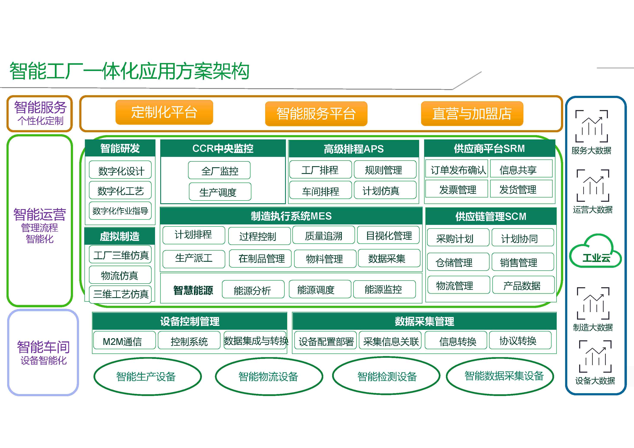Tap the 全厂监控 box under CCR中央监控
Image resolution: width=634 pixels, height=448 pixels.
[x=219, y=170]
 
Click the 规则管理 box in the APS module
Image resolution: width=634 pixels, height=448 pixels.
[x=385, y=169]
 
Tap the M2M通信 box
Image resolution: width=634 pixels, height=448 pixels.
[x=125, y=340]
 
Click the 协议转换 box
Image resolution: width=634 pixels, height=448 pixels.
[x=520, y=340]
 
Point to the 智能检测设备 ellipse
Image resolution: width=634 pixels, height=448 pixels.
[x=386, y=376]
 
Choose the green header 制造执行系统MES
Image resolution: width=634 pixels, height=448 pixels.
[x=291, y=216]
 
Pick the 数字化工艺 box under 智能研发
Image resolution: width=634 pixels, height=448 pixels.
[x=120, y=190]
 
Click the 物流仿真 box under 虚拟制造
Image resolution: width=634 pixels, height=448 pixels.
[x=120, y=275]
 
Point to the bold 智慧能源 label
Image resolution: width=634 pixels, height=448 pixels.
[x=193, y=290]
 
